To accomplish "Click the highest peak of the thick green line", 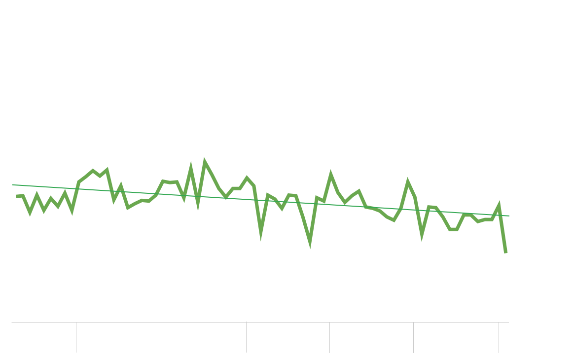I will (x=205, y=161).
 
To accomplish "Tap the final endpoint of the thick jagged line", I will (x=506, y=252).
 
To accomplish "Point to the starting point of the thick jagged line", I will (x=17, y=196).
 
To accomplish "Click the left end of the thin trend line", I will (x=13, y=185).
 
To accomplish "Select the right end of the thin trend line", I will (x=508, y=216).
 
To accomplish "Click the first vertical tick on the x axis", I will (x=76, y=337).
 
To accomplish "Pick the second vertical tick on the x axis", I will (x=162, y=337).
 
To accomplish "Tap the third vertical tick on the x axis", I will (x=246, y=337).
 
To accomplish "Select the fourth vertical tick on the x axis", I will (x=329, y=337).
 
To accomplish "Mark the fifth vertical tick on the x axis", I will (x=413, y=337).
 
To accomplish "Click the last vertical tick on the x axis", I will (x=499, y=337).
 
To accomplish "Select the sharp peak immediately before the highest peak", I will (x=191, y=168).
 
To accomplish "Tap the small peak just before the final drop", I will (x=499, y=205).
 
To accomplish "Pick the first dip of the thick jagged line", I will (x=31, y=213).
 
